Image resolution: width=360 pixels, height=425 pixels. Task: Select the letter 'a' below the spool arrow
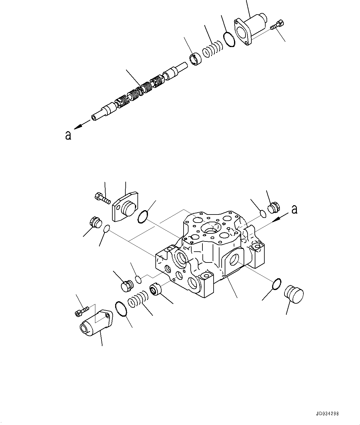pos(68,135)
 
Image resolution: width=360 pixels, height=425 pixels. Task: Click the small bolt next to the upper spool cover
pos(277,25)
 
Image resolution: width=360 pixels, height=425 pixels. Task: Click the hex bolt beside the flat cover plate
pos(102,198)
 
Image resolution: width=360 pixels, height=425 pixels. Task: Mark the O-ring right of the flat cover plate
pos(143,217)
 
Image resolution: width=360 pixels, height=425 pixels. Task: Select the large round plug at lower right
pos(293,294)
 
